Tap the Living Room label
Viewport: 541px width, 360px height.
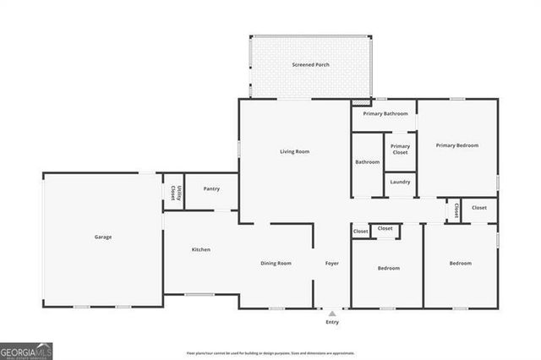click(295, 151)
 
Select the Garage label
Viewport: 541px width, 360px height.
click(103, 237)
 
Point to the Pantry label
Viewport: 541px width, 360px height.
click(211, 188)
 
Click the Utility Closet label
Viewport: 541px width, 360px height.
click(173, 192)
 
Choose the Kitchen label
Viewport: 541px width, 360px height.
click(201, 249)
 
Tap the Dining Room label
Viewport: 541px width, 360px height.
click(276, 264)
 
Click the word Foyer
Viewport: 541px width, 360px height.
click(332, 264)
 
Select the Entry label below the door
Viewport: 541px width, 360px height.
click(332, 322)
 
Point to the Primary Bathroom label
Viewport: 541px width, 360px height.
click(385, 113)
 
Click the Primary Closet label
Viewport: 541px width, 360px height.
click(400, 149)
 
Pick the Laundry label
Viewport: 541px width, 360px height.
click(400, 182)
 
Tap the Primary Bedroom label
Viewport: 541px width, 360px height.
click(457, 145)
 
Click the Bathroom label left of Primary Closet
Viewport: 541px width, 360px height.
click(368, 162)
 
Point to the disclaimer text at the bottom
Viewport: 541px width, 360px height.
click(270, 353)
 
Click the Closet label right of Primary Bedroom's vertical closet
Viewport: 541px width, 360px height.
click(479, 208)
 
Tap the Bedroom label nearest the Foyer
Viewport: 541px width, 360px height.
click(389, 268)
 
